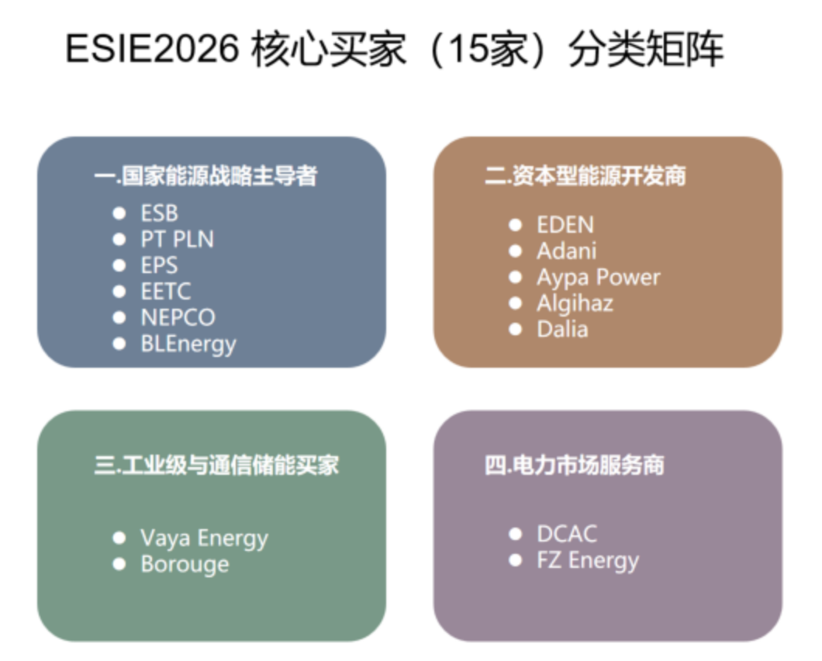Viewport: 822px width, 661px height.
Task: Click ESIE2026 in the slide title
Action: coord(152,49)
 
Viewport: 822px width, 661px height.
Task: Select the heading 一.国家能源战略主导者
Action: coord(206,176)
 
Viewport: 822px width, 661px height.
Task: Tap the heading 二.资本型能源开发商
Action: coord(585,176)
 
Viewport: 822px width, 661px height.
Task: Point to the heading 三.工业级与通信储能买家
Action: coord(217,465)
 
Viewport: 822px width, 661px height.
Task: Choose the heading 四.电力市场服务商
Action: coord(575,465)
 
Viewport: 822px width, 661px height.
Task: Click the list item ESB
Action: coord(160,213)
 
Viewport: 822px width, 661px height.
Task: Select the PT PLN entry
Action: coord(177,239)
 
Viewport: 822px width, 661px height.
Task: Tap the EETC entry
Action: coord(166,291)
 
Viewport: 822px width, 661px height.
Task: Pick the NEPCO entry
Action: coord(178,317)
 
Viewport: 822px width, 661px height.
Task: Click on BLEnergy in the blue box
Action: coord(188,344)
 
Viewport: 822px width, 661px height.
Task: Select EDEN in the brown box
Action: coord(565,225)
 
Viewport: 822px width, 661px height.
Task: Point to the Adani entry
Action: coord(567,251)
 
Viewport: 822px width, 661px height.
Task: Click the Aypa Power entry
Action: coord(599,278)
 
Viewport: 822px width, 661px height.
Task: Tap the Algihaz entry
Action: coord(575,304)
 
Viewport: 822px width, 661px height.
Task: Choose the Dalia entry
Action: coord(562,330)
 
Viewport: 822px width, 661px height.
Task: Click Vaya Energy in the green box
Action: coord(205,539)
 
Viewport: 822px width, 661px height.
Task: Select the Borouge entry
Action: coord(185,566)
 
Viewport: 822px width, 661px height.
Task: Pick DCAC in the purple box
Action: coord(567,535)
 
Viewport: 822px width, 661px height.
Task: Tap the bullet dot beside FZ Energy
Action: coord(516,560)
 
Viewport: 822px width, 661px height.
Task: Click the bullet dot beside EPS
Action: coord(119,265)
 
